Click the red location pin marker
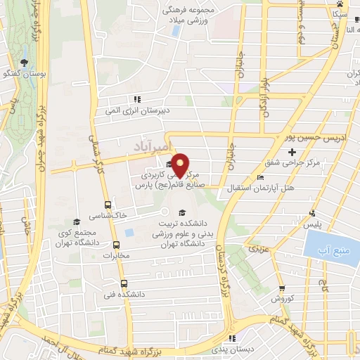pyautogui.click(x=179, y=163)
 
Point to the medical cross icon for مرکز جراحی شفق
pyautogui.click(x=292, y=152)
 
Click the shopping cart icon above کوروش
pyautogui.click(x=281, y=288)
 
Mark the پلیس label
pyautogui.click(x=311, y=224)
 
